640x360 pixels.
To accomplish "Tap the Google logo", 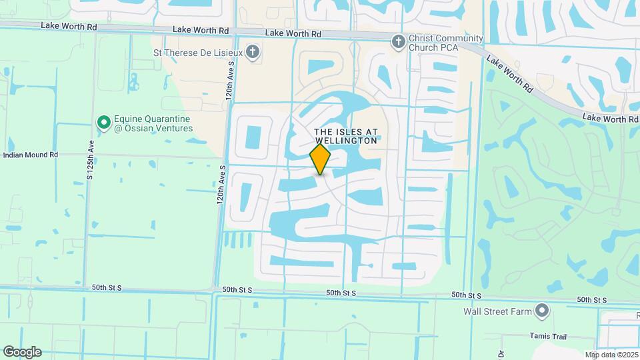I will point(22,352).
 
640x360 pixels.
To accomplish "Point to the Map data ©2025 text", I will point(611,355).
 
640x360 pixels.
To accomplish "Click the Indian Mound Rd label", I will point(31,155).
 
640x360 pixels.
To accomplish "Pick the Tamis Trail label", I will point(548,335).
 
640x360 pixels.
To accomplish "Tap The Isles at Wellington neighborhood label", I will point(346,137).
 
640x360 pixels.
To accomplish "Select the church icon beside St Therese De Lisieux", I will point(252,51).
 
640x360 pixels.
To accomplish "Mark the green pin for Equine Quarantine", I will point(103,123).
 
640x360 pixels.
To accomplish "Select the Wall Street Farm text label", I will point(498,311).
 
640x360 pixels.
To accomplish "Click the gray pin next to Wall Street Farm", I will point(542,311).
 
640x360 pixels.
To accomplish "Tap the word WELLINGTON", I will point(346,141).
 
